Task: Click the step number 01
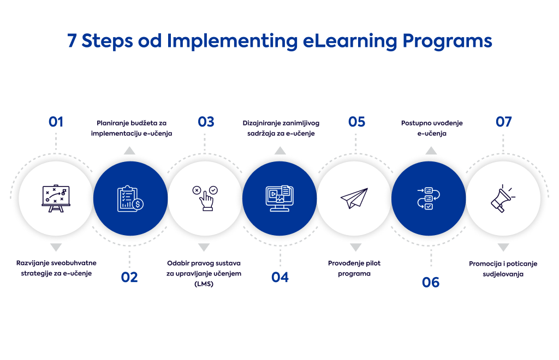click(x=56, y=122)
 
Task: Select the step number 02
click(x=129, y=277)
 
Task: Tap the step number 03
click(x=206, y=122)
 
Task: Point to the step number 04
click(x=280, y=277)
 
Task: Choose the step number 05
click(x=356, y=122)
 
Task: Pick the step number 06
click(x=431, y=283)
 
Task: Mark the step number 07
click(x=503, y=122)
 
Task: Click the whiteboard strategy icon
click(x=56, y=199)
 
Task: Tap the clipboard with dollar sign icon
click(x=130, y=199)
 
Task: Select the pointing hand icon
click(x=205, y=198)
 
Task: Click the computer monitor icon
click(x=279, y=198)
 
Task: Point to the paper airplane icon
click(x=354, y=199)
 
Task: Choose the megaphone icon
click(x=503, y=199)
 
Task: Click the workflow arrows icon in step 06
click(x=429, y=199)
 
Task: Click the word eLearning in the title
click(x=350, y=40)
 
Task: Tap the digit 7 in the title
click(x=72, y=40)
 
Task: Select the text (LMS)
click(x=204, y=284)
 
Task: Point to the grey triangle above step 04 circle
click(x=280, y=151)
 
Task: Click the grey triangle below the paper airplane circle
click(x=356, y=247)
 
